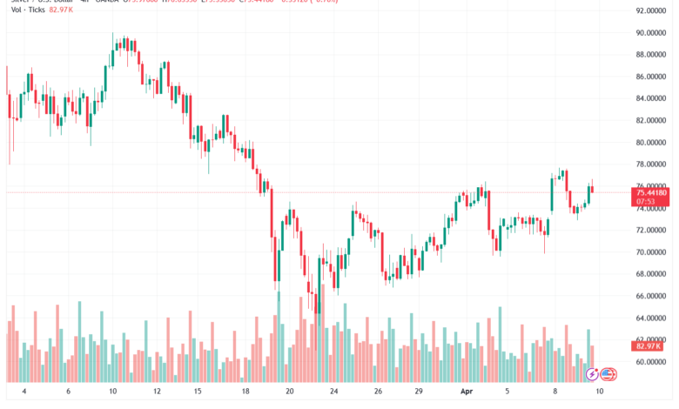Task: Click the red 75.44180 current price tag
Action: [652, 191]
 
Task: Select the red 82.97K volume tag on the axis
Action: [648, 346]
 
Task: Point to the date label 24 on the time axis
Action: [334, 392]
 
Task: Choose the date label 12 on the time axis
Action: [158, 392]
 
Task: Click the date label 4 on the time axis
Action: [24, 392]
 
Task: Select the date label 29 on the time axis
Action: [420, 392]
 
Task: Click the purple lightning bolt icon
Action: [593, 375]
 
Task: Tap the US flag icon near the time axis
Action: [608, 375]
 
